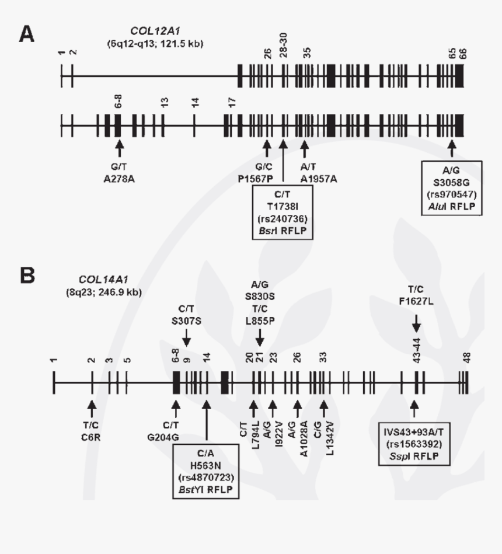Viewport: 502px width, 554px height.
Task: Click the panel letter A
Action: pos(27,34)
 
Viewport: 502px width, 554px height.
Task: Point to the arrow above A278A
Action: pos(119,148)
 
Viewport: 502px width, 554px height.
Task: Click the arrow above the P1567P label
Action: pos(267,148)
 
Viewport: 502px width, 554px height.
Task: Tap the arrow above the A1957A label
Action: pos(304,148)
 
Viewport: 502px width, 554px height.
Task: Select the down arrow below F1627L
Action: pos(416,322)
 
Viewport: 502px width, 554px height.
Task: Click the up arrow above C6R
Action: pos(91,404)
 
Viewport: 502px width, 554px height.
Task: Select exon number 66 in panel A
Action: pos(463,54)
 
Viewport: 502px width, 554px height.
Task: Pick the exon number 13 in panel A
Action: pos(165,103)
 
